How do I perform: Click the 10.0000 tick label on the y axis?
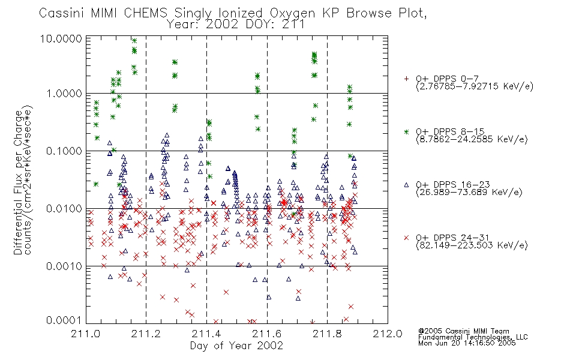61,38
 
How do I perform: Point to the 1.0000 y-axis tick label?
64,94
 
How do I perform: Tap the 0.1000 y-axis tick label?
64,151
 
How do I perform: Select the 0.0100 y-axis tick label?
64,209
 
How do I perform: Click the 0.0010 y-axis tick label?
64,266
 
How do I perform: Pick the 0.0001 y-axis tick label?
64,320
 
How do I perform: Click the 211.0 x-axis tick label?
85,334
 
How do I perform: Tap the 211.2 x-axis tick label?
146,334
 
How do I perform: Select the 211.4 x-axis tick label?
206,334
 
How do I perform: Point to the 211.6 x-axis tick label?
267,334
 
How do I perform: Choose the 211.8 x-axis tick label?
327,334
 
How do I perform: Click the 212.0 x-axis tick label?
388,334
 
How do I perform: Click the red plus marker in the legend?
406,79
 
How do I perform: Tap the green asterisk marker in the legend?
406,131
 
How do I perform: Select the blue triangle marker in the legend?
406,185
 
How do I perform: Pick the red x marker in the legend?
406,238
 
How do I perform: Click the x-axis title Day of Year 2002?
236,346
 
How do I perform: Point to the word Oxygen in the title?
293,13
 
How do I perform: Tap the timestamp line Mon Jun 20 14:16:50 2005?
467,343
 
